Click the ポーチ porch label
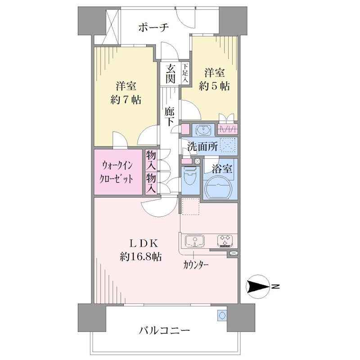[153, 28]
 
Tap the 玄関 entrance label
[171, 74]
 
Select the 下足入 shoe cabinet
[185, 73]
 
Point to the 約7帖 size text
[126, 100]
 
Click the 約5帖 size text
[214, 86]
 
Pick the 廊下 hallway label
[170, 117]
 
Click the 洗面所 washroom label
[202, 146]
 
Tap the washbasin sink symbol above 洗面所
[203, 130]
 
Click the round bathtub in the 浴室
[218, 187]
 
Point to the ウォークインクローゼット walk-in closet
[118, 172]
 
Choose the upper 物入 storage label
[151, 160]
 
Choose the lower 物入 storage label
[151, 183]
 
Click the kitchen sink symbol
[195, 241]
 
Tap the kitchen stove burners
[225, 241]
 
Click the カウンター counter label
[196, 265]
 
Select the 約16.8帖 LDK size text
[141, 256]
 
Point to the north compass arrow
[257, 287]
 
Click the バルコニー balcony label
[164, 330]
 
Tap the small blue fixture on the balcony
[222, 315]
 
